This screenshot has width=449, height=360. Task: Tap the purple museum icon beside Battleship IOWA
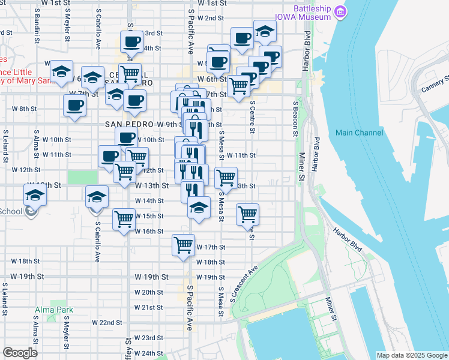point(340,12)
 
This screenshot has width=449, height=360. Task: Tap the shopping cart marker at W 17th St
point(184,244)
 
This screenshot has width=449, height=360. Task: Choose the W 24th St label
point(148,353)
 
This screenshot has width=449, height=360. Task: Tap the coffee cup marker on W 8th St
point(75,106)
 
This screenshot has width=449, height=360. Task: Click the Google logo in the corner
point(20,353)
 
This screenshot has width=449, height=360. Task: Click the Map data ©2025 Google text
point(412,355)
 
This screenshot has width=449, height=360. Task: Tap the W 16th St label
point(149,231)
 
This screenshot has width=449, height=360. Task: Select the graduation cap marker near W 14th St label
point(200,208)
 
